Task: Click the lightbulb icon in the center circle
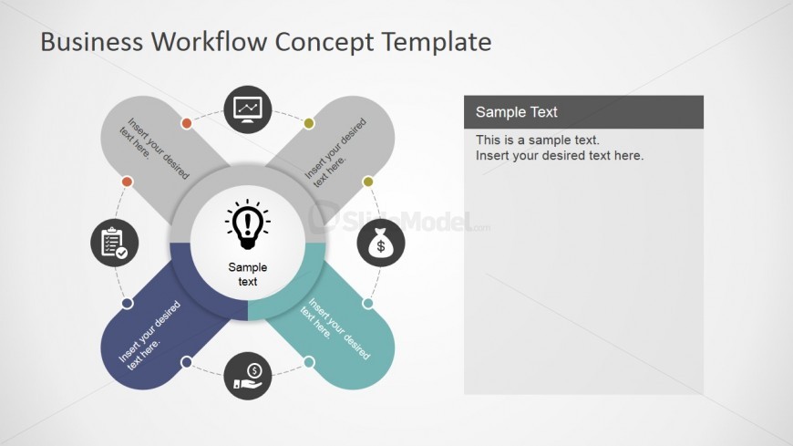tap(248, 224)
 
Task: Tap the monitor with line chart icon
tap(248, 109)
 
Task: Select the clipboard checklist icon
tap(115, 243)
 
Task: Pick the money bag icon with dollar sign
tap(381, 243)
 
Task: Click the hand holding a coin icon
tap(248, 376)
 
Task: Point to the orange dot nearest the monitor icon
tap(187, 123)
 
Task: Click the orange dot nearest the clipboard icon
tap(128, 182)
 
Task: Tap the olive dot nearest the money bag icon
tap(368, 182)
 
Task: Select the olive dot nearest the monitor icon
tap(309, 123)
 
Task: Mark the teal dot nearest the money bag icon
tap(367, 303)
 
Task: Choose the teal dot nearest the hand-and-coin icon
tap(309, 362)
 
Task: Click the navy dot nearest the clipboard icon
tap(128, 303)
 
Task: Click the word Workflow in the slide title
tap(210, 42)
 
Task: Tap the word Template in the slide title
tap(436, 42)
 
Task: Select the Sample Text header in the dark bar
tap(516, 112)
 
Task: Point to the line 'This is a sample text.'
tap(538, 140)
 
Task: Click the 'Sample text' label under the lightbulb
tap(248, 274)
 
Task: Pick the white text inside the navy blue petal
tap(149, 335)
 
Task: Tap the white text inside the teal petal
tap(335, 328)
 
